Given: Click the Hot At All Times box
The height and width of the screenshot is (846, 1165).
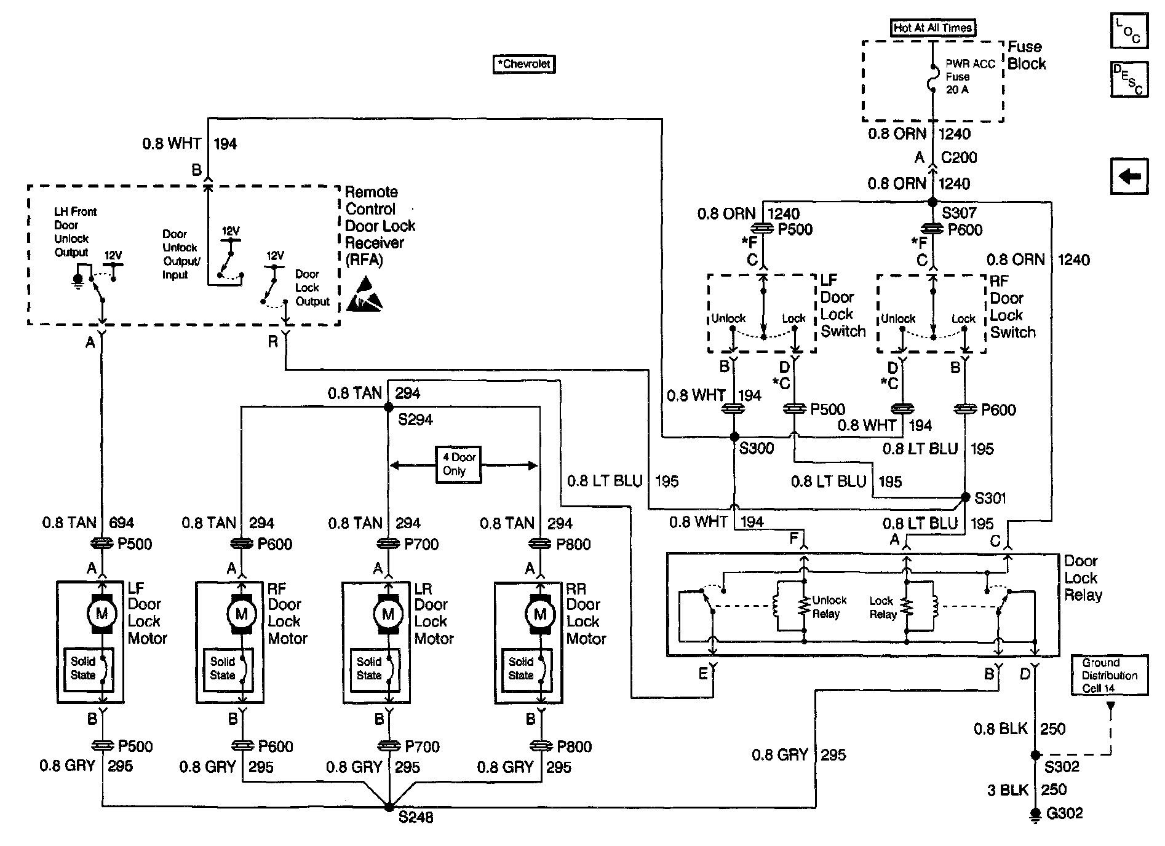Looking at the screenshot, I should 932,28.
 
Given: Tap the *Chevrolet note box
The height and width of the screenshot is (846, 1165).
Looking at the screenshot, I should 524,64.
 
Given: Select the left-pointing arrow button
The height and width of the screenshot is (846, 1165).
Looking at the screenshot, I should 1129,176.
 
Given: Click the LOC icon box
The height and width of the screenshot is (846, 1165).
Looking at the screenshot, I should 1129,31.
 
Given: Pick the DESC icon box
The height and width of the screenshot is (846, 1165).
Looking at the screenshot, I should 1129,79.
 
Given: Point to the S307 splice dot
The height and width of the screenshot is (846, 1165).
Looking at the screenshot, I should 932,202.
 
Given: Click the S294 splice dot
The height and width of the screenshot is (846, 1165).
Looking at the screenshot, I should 388,407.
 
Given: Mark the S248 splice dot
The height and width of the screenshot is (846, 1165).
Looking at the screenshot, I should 388,807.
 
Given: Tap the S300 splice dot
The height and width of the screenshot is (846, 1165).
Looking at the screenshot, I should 734,437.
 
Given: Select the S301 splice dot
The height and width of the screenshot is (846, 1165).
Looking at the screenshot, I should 965,497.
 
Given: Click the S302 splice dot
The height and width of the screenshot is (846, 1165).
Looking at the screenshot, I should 1035,755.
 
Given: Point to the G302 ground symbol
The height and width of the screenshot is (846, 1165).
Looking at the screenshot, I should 1036,815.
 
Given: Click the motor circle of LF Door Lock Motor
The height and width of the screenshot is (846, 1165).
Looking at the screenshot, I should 101,613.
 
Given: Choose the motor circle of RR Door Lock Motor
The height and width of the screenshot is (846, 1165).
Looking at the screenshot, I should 540,613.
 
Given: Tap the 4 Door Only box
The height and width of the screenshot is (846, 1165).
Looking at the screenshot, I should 458,464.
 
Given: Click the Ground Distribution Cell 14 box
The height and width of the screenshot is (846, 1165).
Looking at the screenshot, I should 1109,675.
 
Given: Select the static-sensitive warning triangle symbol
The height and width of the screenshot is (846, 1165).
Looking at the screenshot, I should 364,295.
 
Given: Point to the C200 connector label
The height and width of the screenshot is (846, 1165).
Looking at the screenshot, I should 958,157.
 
